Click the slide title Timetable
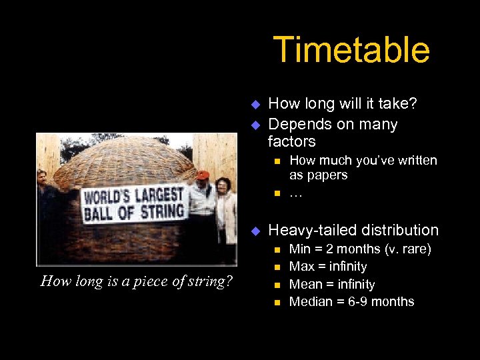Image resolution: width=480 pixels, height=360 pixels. [351, 50]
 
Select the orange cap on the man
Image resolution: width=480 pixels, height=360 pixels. [203, 175]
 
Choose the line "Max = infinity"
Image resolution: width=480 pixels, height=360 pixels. [328, 267]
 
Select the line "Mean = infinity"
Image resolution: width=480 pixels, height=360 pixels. [332, 284]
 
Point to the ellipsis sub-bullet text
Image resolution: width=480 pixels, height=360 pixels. [295, 193]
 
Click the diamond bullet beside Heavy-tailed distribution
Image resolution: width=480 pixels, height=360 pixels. [254, 231]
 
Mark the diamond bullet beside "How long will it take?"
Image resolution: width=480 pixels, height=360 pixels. [254, 103]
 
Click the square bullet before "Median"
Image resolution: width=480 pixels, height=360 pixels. [277, 303]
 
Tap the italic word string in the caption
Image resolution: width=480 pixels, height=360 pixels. [211, 281]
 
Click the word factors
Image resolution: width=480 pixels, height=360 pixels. [291, 141]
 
